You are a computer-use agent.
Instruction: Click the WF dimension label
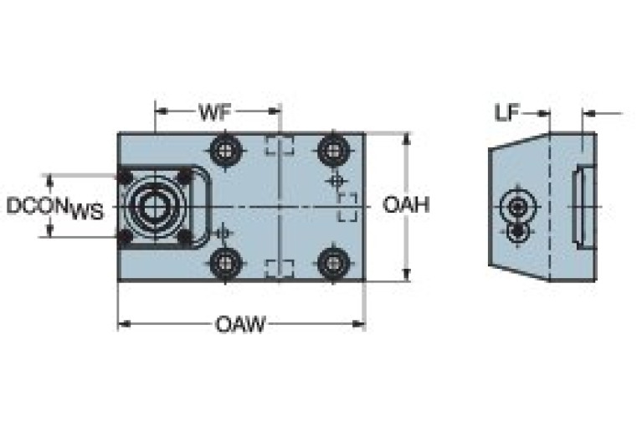point(215,111)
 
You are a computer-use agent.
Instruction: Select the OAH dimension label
point(406,204)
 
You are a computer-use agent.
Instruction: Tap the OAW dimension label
point(240,324)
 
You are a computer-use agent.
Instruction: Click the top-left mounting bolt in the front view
point(226,152)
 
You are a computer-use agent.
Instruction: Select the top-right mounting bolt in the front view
point(334,152)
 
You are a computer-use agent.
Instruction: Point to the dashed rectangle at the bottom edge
point(279,270)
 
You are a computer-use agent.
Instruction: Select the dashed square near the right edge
point(347,207)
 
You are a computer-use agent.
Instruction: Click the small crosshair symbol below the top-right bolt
point(336,180)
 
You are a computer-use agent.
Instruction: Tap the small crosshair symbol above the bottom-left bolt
point(223,233)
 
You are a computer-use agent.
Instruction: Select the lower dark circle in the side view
point(520,229)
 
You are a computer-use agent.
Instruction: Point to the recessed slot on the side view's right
point(582,205)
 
